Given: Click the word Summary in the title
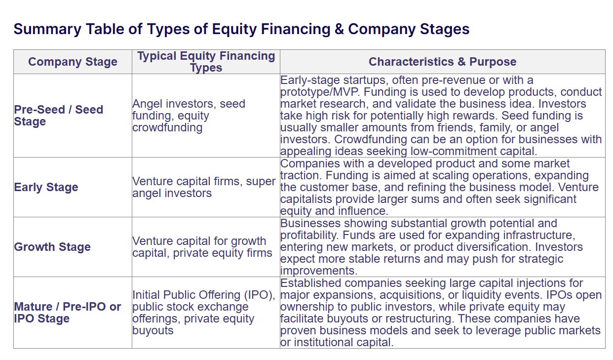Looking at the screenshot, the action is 47,29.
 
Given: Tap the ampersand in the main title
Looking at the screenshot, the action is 339,29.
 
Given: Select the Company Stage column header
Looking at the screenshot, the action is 73,62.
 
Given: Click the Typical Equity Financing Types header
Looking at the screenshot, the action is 206,62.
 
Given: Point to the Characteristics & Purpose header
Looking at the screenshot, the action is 443,62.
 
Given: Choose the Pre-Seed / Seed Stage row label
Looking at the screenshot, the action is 59,115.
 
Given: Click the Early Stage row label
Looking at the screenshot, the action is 46,187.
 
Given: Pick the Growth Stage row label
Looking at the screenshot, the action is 52,247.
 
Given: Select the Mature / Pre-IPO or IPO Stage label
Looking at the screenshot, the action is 67,313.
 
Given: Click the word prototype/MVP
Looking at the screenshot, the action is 320,92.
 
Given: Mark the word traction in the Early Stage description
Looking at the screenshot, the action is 301,175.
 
